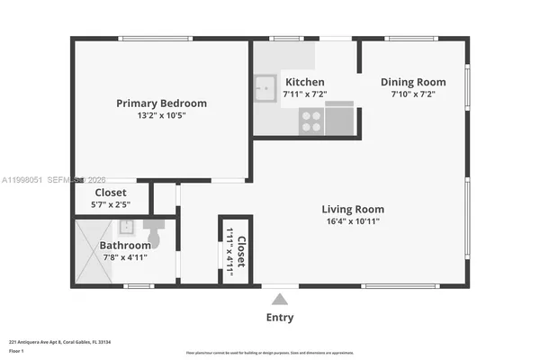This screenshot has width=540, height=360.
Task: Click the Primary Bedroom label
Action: point(161,103)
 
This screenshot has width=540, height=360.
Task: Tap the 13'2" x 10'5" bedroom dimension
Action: point(161,116)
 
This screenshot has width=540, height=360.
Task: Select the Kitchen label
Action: point(303,82)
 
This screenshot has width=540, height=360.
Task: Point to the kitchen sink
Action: point(265,87)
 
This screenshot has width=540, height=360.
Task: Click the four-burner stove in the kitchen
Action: point(311,121)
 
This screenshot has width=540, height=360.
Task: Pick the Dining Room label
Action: point(413,82)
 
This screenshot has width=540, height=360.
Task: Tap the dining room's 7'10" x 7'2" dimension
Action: point(413,94)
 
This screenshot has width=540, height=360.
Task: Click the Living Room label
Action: point(354,210)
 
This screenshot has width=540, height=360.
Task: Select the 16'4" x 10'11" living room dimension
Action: point(354,222)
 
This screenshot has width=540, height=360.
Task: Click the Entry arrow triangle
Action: point(280,300)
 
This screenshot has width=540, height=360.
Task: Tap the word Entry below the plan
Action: point(280,317)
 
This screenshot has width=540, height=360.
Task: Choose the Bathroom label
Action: point(125,245)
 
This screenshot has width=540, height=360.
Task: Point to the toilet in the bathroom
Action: point(153,234)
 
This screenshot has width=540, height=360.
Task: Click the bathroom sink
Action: point(127,227)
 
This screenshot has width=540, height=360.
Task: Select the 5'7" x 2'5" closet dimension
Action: point(111,205)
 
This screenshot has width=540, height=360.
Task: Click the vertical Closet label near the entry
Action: point(241,249)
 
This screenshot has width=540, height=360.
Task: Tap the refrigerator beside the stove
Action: point(338,120)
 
